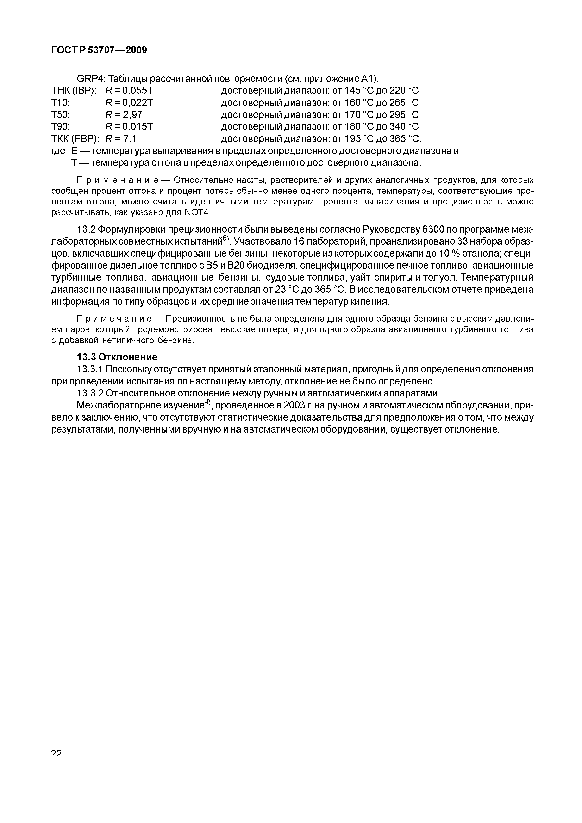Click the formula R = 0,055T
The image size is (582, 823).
click(x=129, y=91)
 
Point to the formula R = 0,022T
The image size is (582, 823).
click(x=129, y=103)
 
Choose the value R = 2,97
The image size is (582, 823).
click(x=124, y=115)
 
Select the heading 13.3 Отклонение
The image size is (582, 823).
click(x=117, y=357)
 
